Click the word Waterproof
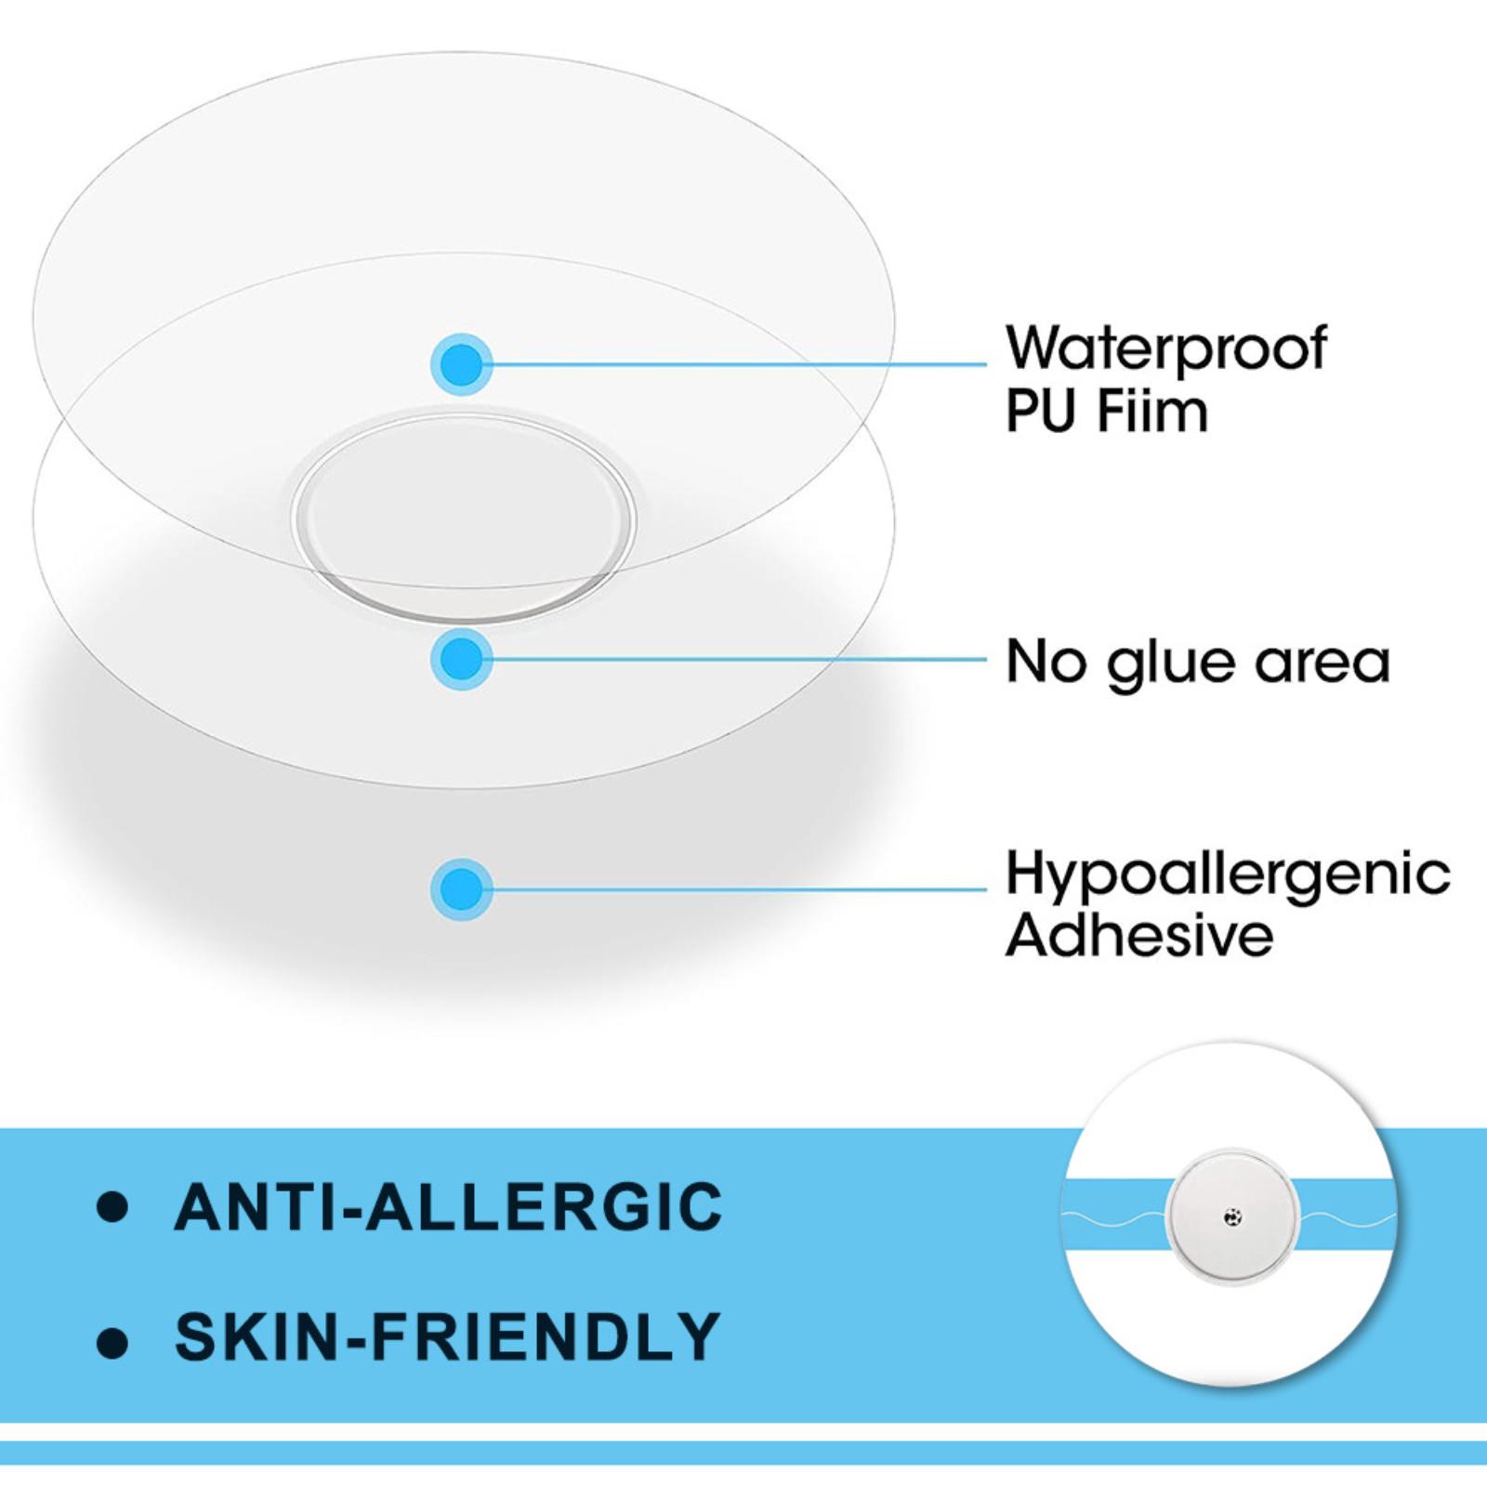click(x=1166, y=349)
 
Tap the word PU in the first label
click(x=1041, y=411)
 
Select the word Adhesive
click(x=1139, y=935)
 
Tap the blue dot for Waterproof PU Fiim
click(x=462, y=363)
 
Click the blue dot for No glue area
click(x=462, y=659)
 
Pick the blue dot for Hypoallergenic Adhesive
click(x=462, y=889)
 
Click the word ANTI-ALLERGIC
click(x=448, y=1206)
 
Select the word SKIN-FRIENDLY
click(x=448, y=1336)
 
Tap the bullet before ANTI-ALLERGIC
click(x=112, y=1206)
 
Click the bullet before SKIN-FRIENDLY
click(x=112, y=1341)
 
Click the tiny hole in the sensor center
click(x=1231, y=1216)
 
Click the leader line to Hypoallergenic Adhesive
click(x=739, y=889)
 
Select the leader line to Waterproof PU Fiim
click(x=739, y=363)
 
